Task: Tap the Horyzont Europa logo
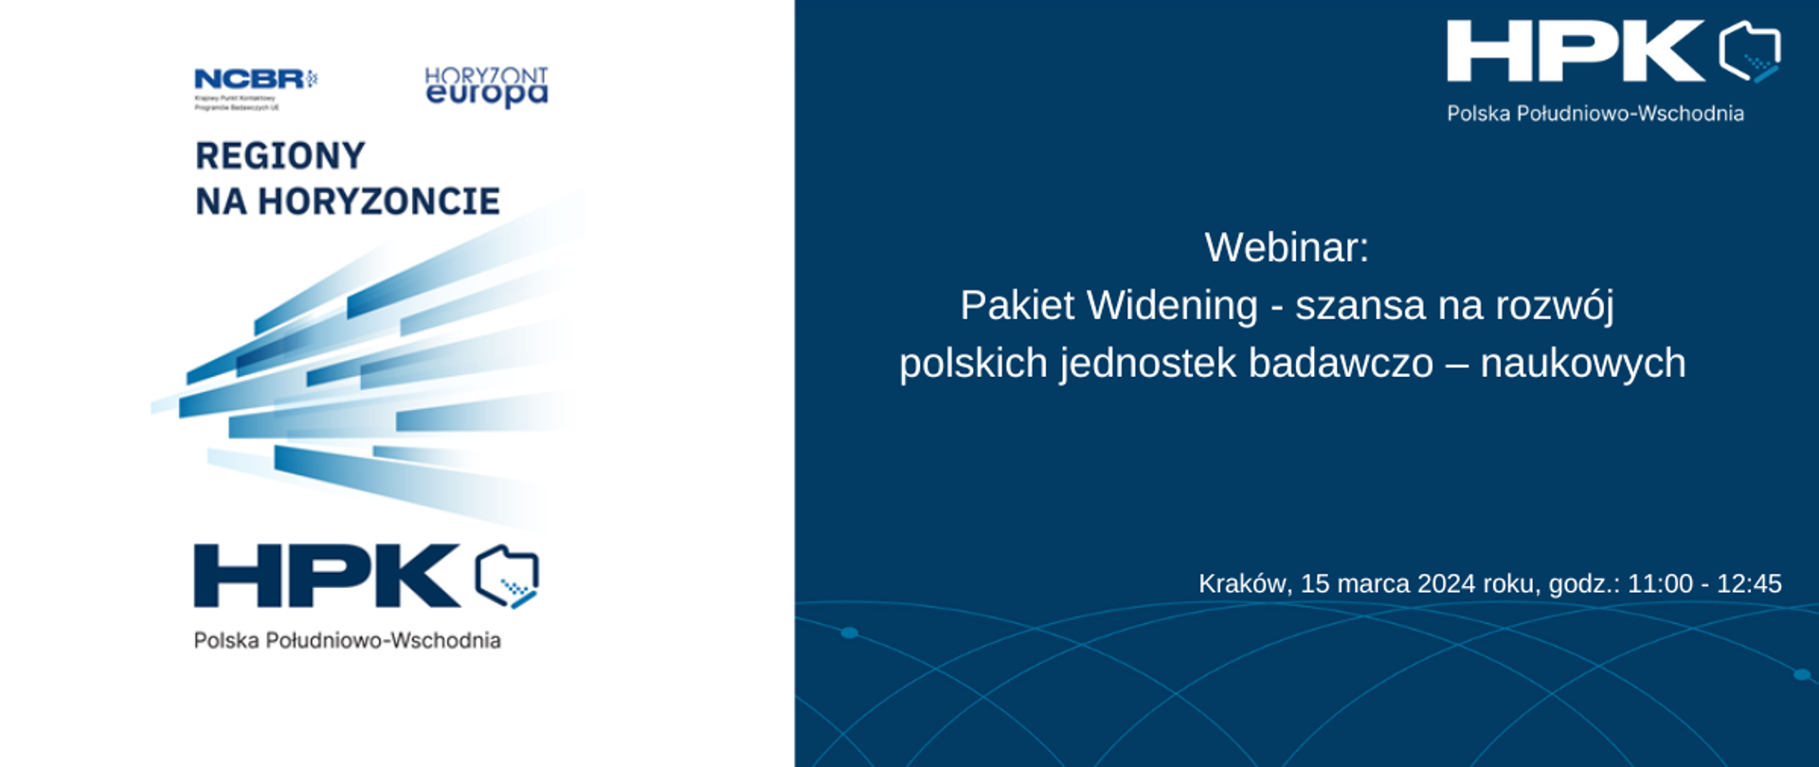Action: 486,86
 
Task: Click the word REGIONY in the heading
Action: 280,156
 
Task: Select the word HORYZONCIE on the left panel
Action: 378,202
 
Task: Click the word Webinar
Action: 1286,248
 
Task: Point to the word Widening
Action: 1172,306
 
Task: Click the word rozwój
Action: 1554,307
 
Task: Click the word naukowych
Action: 1583,365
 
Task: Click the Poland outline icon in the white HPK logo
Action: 1750,52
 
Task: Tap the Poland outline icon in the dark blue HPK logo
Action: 507,577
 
